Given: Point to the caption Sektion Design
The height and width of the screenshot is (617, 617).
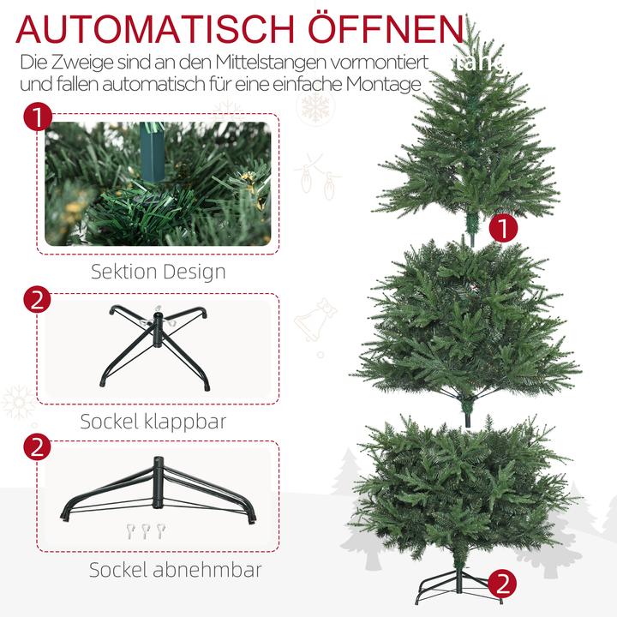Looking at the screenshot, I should coord(159,273).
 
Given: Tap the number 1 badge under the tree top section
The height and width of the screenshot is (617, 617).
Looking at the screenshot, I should coord(506,228).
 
